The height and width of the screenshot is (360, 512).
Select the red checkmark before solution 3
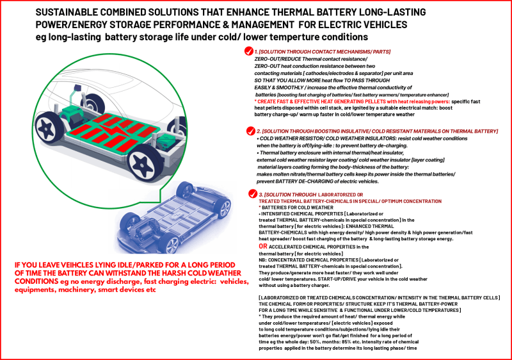coord(251,194)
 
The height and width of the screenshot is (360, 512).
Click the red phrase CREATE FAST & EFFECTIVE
coord(289,101)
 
